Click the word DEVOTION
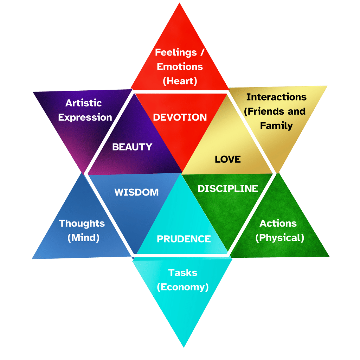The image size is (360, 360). tap(180, 117)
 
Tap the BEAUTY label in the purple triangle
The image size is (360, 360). tap(132, 147)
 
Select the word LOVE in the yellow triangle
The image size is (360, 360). tap(228, 159)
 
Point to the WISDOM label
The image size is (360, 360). tap(136, 192)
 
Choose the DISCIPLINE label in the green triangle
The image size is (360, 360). tap(228, 188)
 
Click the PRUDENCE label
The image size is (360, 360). tap(184, 239)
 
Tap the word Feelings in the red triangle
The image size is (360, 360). tap(176, 52)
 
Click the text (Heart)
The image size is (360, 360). tap(180, 81)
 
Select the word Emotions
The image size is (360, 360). tap(180, 67)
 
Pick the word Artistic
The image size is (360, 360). tap(83, 103)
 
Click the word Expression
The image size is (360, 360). tap(85, 117)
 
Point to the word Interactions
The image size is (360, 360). tap(276, 97)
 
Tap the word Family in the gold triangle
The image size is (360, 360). tap(276, 126)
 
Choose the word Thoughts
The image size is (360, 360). tap(82, 223)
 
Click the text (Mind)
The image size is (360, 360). tap(83, 238)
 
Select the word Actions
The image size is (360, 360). tap(278, 223)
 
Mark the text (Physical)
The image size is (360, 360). tap(279, 238)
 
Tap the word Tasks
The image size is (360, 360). tap(183, 272)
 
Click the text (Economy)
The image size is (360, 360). tap(183, 287)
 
